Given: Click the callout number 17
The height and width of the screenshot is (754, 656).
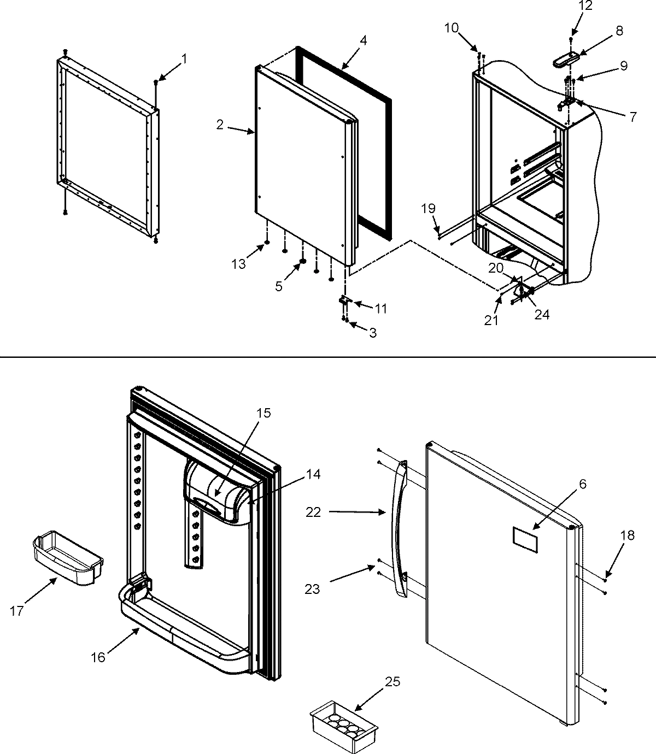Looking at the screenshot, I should (17, 611).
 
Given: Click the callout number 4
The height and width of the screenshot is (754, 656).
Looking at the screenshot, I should (364, 40).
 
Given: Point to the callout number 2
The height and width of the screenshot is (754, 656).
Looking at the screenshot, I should (220, 125).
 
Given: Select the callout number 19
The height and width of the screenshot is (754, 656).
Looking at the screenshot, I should (429, 208).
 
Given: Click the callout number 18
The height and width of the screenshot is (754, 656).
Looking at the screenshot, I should (627, 535).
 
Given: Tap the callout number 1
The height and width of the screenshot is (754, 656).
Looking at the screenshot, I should (184, 58).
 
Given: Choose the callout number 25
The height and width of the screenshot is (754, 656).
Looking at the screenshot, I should (392, 681).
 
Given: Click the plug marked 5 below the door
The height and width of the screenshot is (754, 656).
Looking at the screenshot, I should (301, 263).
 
